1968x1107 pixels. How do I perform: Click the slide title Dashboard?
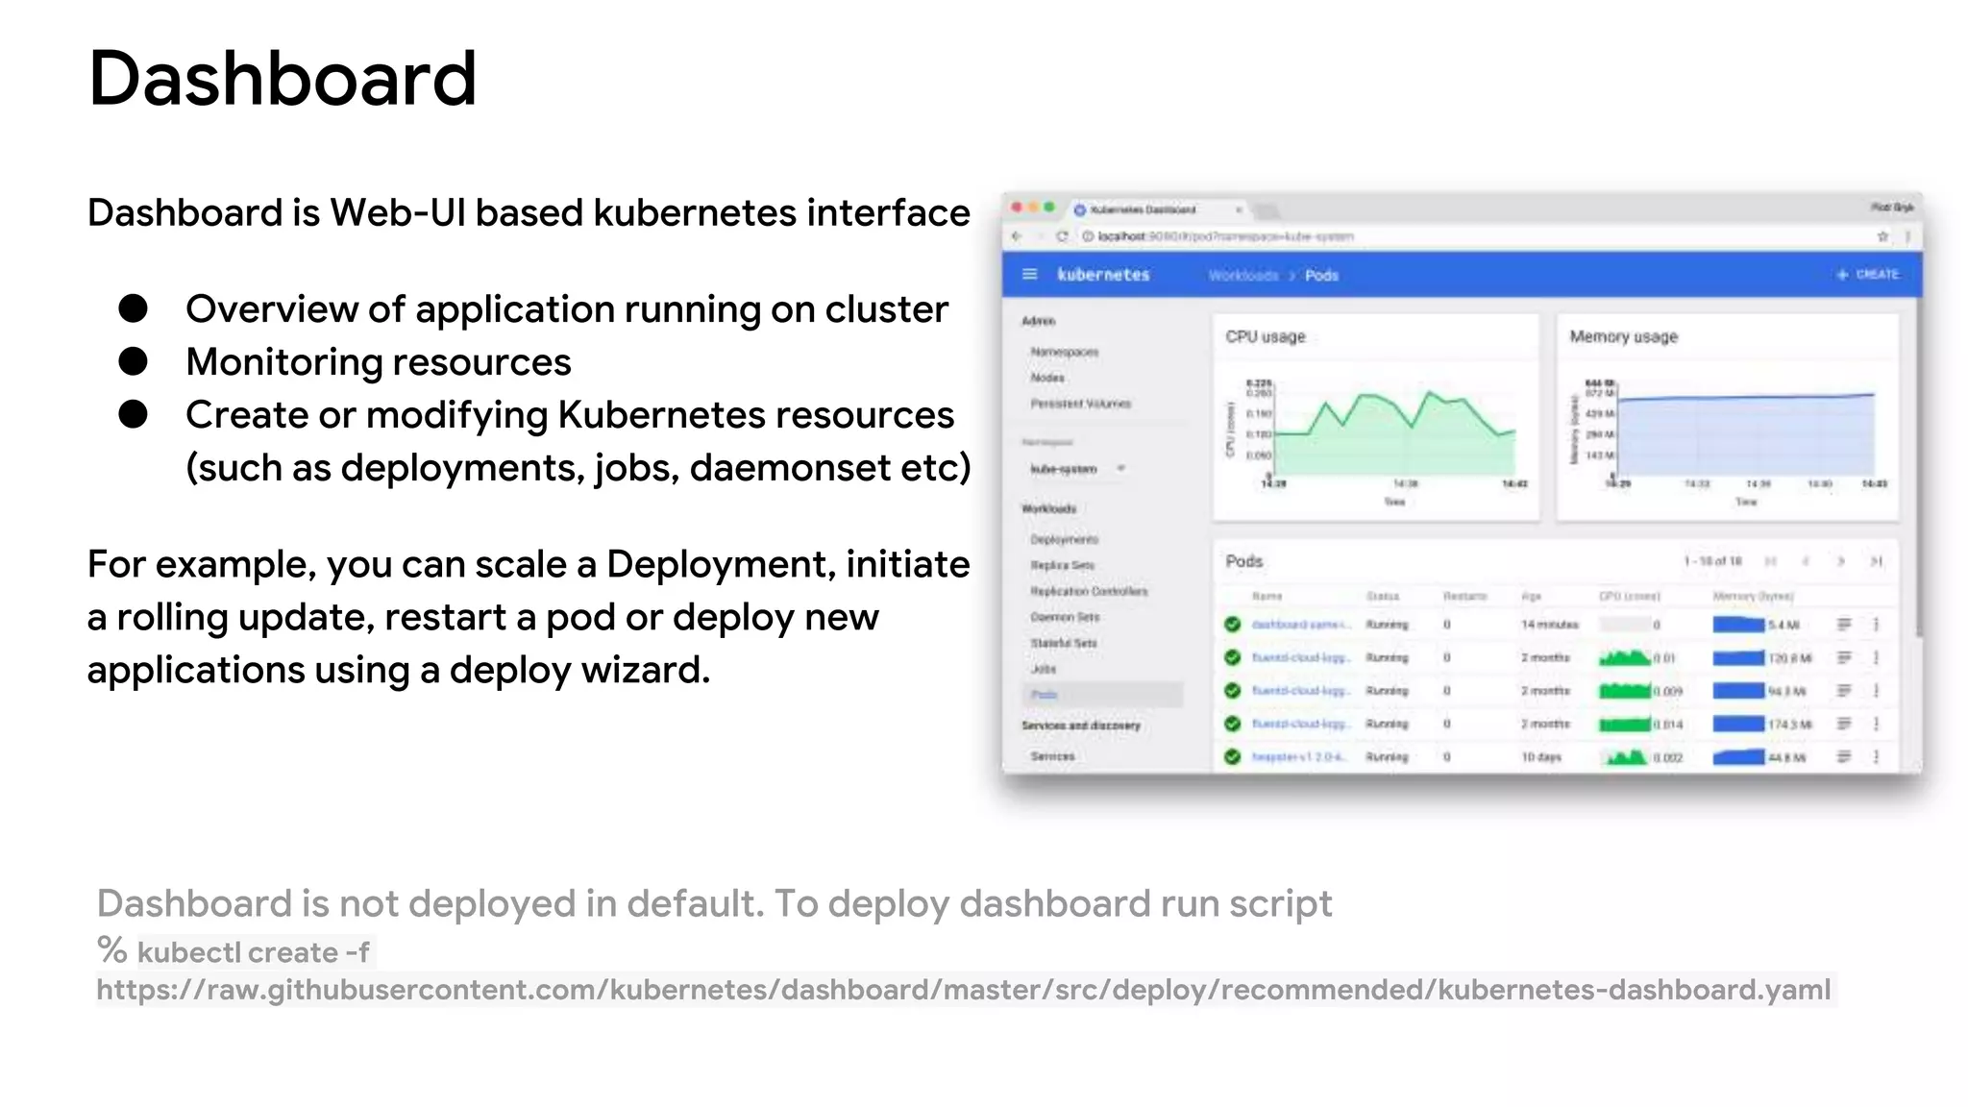(282, 79)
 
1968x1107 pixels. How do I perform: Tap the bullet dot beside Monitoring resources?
(133, 361)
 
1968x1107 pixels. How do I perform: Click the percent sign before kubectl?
(112, 950)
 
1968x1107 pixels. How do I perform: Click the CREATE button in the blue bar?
(1868, 275)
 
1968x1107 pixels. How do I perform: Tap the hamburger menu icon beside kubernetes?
(1029, 275)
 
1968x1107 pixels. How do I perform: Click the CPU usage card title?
(1266, 337)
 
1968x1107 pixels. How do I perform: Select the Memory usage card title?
(1623, 337)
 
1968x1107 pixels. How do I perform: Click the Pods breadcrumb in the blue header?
(1321, 276)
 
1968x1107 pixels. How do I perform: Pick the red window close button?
(1017, 208)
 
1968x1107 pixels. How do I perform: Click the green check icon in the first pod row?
(1232, 625)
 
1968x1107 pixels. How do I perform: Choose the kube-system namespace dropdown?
(1076, 469)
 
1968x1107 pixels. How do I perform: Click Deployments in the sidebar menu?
(1064, 540)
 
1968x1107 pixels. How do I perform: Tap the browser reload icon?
(1062, 236)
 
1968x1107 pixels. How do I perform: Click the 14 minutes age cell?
(1549, 625)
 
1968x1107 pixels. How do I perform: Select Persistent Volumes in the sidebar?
(1080, 404)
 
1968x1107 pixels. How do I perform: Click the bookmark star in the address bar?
(1882, 236)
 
